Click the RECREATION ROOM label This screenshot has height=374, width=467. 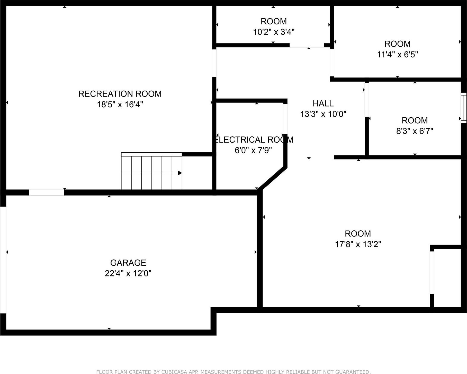click(120, 94)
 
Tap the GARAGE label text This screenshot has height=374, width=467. click(128, 263)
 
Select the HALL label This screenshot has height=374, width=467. click(323, 103)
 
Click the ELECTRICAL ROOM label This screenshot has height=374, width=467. click(254, 140)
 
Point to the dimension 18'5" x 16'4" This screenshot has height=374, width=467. click(120, 105)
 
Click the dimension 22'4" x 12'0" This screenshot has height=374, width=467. click(128, 273)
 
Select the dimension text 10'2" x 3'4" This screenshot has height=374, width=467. click(274, 32)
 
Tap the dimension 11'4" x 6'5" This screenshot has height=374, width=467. click(397, 55)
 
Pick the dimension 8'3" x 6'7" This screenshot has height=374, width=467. click(415, 131)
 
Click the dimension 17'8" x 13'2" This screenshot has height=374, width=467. click(358, 244)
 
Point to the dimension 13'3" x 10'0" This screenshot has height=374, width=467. click(323, 114)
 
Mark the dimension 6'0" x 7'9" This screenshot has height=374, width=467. click(253, 150)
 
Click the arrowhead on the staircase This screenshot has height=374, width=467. click(180, 173)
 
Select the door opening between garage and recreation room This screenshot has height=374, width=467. click(47, 192)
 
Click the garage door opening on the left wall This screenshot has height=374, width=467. click(3, 260)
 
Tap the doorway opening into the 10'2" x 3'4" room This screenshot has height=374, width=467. click(307, 46)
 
